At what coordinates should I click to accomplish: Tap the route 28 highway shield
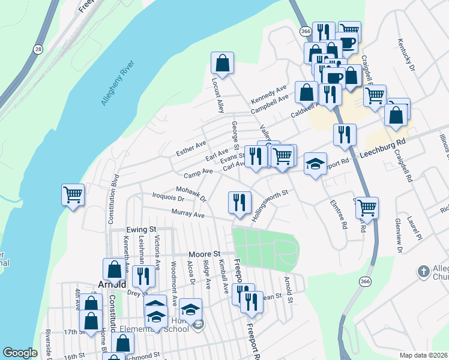click(x=38, y=49)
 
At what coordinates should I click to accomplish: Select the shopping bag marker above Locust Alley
click(x=222, y=62)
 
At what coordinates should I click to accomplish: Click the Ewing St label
click(x=141, y=229)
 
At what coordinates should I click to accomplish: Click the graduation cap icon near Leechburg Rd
click(x=315, y=163)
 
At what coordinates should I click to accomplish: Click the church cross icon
click(x=424, y=271)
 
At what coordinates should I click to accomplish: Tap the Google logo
click(x=20, y=353)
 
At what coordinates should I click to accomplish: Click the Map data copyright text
click(x=424, y=355)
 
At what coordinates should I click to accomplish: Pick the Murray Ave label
click(x=188, y=214)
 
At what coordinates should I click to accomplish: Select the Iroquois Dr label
click(x=168, y=197)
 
